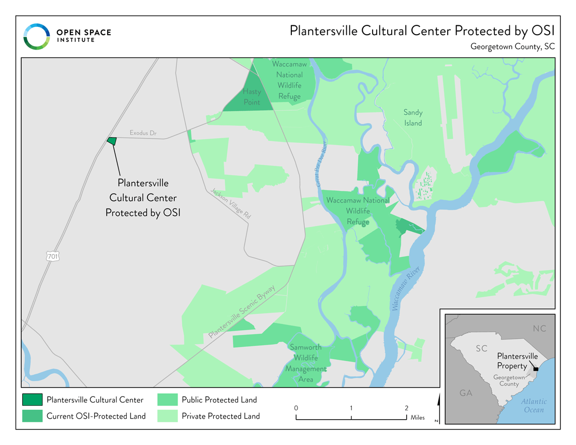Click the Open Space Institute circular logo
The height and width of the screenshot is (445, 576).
pyautogui.click(x=36, y=37)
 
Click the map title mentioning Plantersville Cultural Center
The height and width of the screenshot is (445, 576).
pyautogui.click(x=422, y=31)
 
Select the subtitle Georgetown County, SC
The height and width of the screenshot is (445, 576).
pyautogui.click(x=512, y=47)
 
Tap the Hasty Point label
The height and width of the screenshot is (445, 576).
pyautogui.click(x=252, y=97)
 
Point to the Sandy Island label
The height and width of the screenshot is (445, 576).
pyautogui.click(x=413, y=118)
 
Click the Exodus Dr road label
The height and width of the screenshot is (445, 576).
pyautogui.click(x=143, y=133)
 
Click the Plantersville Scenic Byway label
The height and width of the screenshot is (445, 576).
pyautogui.click(x=242, y=311)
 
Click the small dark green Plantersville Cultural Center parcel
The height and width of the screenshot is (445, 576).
pyautogui.click(x=111, y=140)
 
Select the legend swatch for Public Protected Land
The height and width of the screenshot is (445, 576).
pyautogui.click(x=168, y=399)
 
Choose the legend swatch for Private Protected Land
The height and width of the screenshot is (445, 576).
pyautogui.click(x=168, y=416)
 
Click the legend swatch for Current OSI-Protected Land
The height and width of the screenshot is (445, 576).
pyautogui.click(x=32, y=416)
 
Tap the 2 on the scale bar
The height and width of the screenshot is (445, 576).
pyautogui.click(x=406, y=408)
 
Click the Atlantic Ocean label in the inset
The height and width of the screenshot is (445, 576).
pyautogui.click(x=533, y=406)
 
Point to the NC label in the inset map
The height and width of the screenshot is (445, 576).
pyautogui.click(x=539, y=329)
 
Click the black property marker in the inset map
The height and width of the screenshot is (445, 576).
pyautogui.click(x=536, y=369)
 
